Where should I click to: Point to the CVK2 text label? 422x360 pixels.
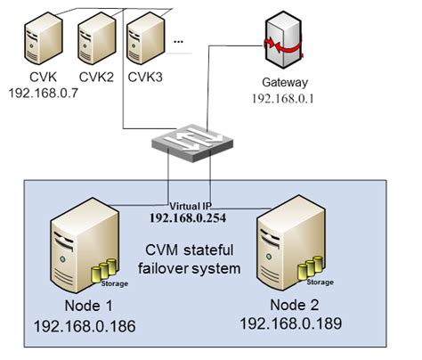96,77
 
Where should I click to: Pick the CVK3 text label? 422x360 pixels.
145,77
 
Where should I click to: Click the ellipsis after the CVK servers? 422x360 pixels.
179,41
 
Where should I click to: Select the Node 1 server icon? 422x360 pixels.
78,250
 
